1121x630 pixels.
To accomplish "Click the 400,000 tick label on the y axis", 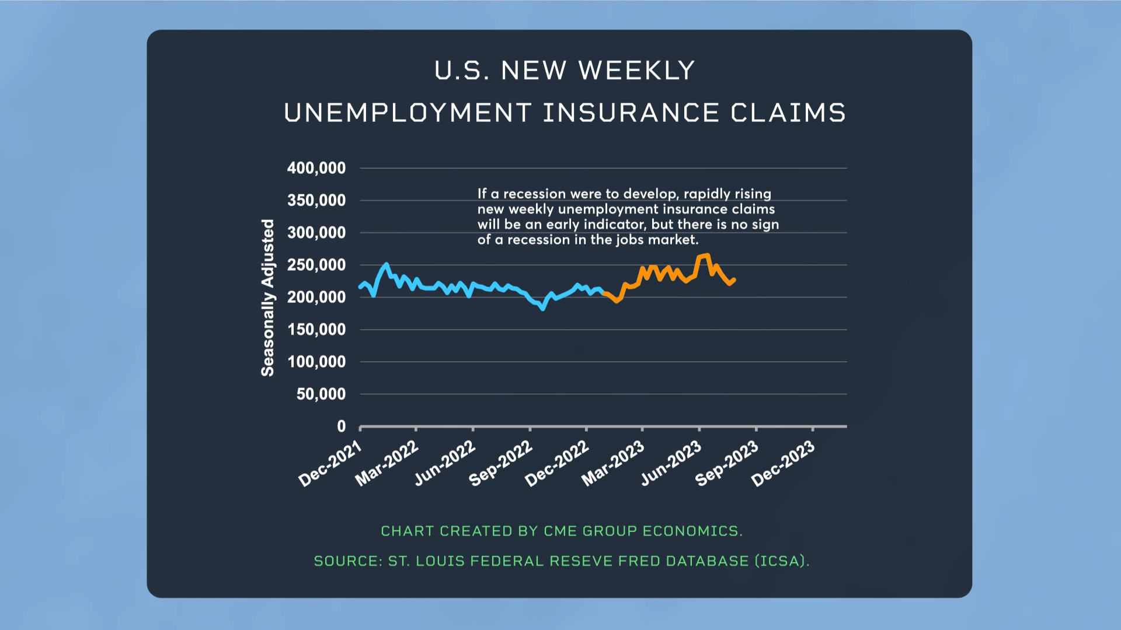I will (x=316, y=169).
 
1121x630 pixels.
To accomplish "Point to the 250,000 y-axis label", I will (x=316, y=265).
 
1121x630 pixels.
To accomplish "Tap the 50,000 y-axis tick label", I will (x=321, y=394).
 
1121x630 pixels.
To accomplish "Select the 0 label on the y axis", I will (x=342, y=426).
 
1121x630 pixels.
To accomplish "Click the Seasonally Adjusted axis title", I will (x=267, y=297).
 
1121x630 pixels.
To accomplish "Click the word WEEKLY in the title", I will (x=636, y=71).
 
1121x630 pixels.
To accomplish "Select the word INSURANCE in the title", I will (x=631, y=113).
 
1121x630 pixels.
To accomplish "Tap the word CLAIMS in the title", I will (x=788, y=113).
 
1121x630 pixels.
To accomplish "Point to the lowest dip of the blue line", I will (x=543, y=309).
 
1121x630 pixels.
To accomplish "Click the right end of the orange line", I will (x=734, y=280).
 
